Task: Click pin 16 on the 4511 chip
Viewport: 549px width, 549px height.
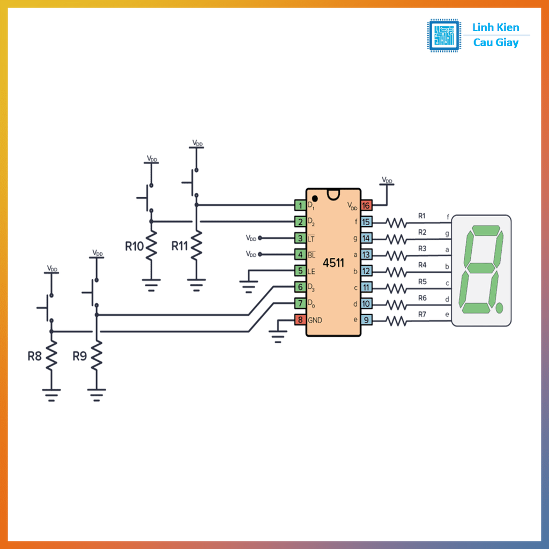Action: point(366,205)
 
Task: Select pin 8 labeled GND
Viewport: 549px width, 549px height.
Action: point(300,320)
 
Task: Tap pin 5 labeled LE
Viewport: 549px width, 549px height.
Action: point(300,271)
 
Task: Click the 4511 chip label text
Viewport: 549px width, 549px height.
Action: point(333,263)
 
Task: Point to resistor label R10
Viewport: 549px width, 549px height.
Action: point(134,246)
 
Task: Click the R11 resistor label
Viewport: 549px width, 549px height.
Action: point(180,246)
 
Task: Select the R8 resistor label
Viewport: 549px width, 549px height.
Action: point(35,355)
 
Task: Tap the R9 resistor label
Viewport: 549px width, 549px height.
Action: point(79,355)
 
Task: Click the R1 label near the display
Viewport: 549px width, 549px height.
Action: point(422,216)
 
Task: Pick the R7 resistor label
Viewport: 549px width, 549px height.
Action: point(422,314)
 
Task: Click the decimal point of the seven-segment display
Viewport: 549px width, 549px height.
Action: point(500,308)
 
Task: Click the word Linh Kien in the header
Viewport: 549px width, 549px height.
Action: point(495,28)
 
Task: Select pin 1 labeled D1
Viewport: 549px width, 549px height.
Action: point(300,205)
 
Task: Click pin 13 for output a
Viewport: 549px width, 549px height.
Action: point(366,255)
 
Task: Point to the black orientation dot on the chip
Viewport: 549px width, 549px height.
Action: point(315,199)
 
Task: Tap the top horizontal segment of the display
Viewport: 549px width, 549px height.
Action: point(484,231)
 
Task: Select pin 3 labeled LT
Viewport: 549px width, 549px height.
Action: point(300,238)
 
